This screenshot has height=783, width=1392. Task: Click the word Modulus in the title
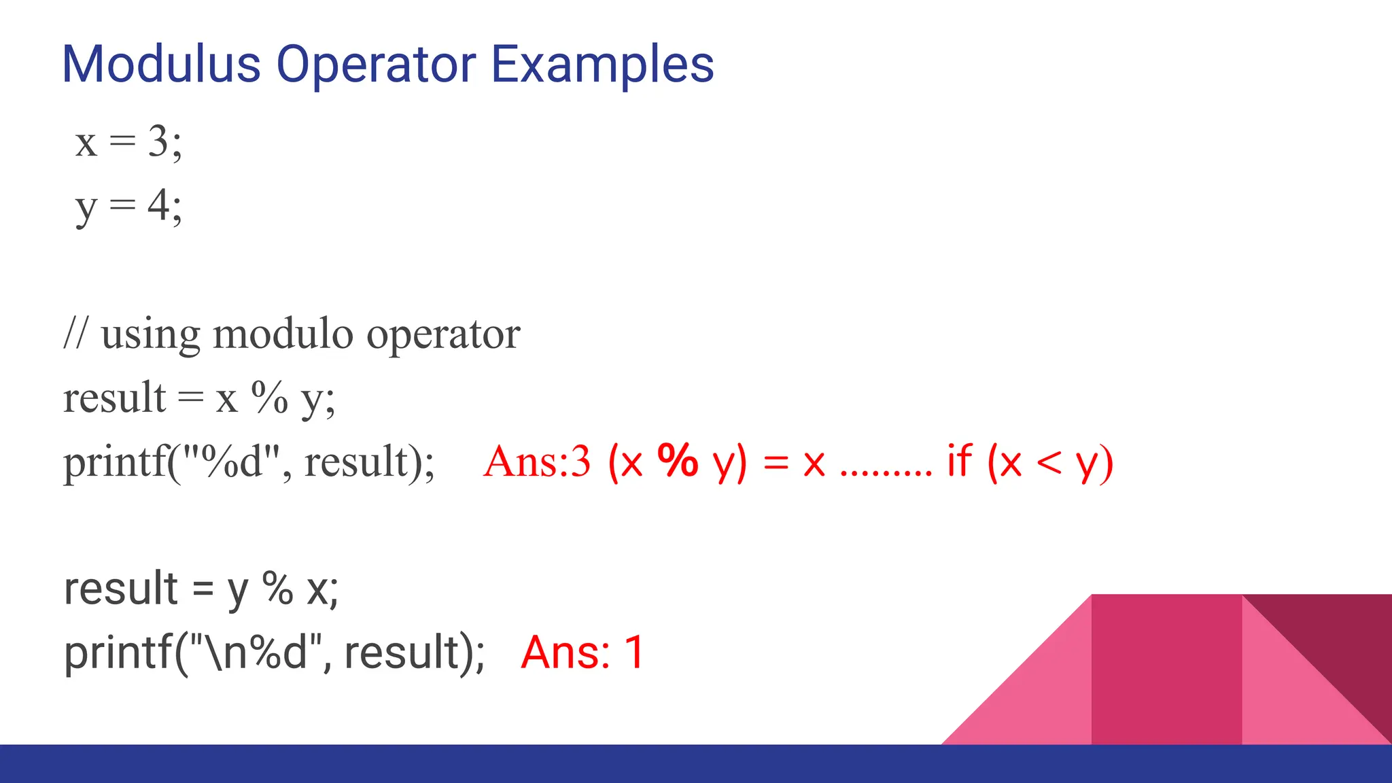click(161, 65)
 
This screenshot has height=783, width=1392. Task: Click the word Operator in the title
click(376, 65)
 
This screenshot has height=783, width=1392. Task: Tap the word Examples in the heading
click(602, 65)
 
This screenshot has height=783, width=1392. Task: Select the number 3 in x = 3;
click(158, 143)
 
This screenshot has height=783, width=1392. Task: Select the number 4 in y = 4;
click(158, 205)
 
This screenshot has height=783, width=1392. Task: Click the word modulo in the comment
click(283, 334)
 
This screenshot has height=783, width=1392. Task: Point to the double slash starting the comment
click(75, 334)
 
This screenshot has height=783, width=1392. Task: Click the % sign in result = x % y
click(270, 398)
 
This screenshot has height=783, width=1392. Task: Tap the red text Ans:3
click(536, 462)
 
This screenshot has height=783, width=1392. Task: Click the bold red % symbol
click(678, 461)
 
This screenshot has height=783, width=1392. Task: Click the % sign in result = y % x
click(277, 589)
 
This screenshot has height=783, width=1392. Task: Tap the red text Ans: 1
click(582, 652)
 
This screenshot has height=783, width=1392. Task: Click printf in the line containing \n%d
click(118, 652)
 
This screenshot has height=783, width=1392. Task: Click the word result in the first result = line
click(114, 398)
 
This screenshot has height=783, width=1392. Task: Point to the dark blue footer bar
click(696, 764)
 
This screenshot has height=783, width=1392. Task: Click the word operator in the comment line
click(443, 334)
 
